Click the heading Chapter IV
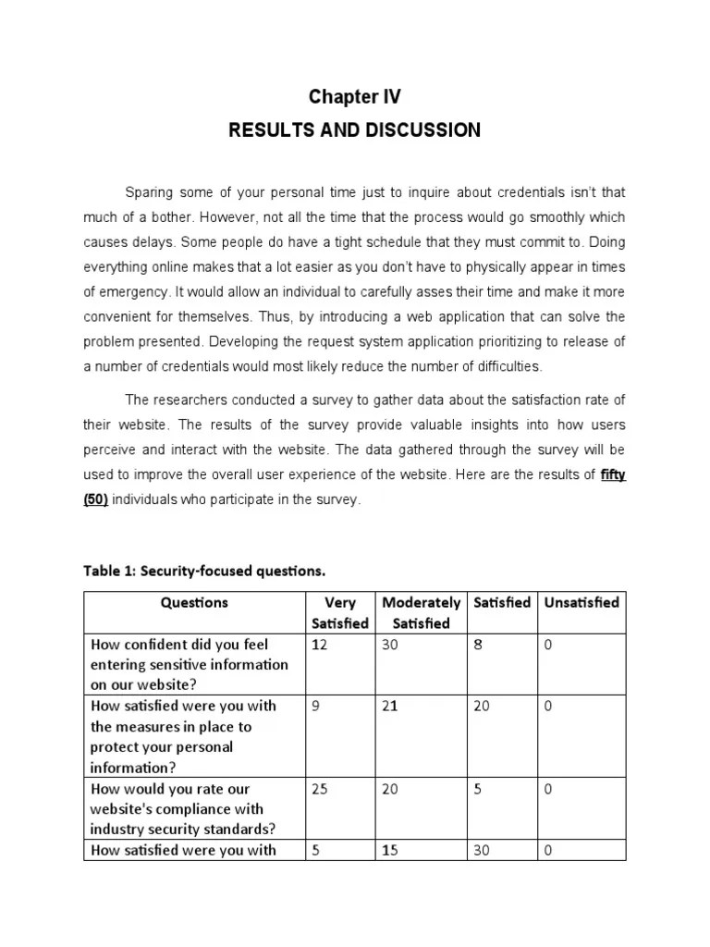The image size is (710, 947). [x=354, y=97]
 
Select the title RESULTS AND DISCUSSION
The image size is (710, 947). [x=354, y=129]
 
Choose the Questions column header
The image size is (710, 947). [x=194, y=602]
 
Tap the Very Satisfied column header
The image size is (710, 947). [x=340, y=612]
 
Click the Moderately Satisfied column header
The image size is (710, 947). [x=421, y=612]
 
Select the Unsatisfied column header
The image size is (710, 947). [x=581, y=602]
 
